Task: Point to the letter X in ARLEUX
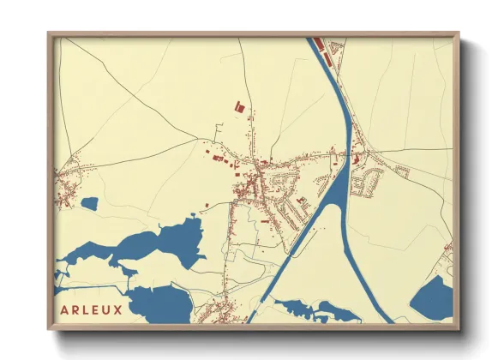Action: point(122,306)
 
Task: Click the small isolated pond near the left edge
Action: point(89,204)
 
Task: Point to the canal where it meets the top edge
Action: point(312,41)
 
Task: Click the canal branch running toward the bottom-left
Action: point(291,249)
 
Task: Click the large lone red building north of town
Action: point(238,107)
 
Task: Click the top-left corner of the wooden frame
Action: point(50,34)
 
